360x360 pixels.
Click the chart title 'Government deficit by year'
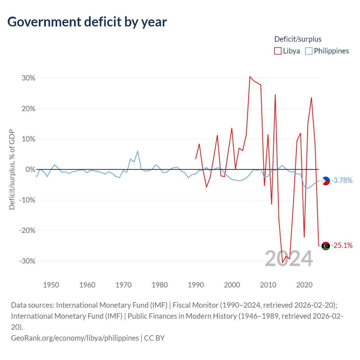point(87,22)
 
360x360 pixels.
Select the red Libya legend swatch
point(278,51)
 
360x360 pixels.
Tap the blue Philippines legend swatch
point(309,51)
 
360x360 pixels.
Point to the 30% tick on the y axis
point(28,78)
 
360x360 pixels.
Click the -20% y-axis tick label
point(27,231)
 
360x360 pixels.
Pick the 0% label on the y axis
point(30,170)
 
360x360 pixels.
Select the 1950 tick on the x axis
point(51,285)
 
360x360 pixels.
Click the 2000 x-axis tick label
point(232,285)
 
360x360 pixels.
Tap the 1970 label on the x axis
point(123,285)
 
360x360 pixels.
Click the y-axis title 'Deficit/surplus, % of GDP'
point(12,170)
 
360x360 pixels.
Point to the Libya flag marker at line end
point(326,246)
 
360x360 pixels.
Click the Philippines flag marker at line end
point(326,181)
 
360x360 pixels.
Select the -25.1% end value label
point(342,246)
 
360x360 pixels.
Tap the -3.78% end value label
point(342,180)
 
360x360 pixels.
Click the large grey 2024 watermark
point(289,258)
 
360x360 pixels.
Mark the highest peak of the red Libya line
point(250,77)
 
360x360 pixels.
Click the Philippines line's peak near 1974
point(138,151)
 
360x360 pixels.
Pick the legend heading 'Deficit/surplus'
point(298,39)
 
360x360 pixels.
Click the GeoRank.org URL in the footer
point(75,338)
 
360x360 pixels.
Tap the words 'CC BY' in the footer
point(154,338)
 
